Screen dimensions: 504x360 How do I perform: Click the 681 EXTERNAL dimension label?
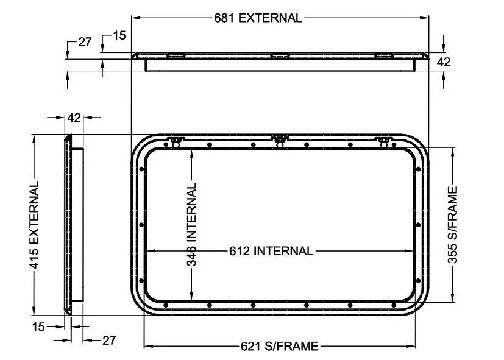coord(258,18)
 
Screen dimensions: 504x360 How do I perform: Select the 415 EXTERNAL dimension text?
coord(34,225)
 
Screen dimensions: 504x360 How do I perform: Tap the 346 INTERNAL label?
coord(191,225)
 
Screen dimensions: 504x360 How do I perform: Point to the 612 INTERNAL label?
coord(271,251)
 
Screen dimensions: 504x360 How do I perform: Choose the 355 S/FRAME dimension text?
coord(453,225)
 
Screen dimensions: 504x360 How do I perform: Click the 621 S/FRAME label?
coord(279,346)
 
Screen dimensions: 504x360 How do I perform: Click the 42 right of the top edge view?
coord(444,62)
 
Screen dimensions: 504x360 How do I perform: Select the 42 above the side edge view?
coord(74,118)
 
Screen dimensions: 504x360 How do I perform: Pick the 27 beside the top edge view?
coord(85,42)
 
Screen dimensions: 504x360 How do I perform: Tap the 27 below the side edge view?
coord(109,341)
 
